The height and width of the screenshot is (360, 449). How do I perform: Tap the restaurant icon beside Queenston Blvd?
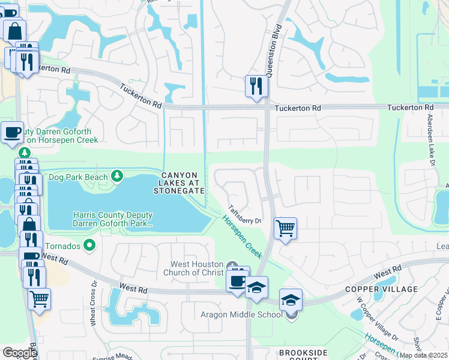256,85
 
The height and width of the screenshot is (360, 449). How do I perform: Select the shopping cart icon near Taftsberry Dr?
285,228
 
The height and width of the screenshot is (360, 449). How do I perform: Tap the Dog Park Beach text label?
78,176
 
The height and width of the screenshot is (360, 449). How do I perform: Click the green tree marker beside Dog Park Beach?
117,176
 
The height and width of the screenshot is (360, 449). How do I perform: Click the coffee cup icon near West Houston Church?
238,280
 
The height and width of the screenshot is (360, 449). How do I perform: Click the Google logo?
19,353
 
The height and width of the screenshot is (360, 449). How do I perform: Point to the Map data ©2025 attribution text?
423,355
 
